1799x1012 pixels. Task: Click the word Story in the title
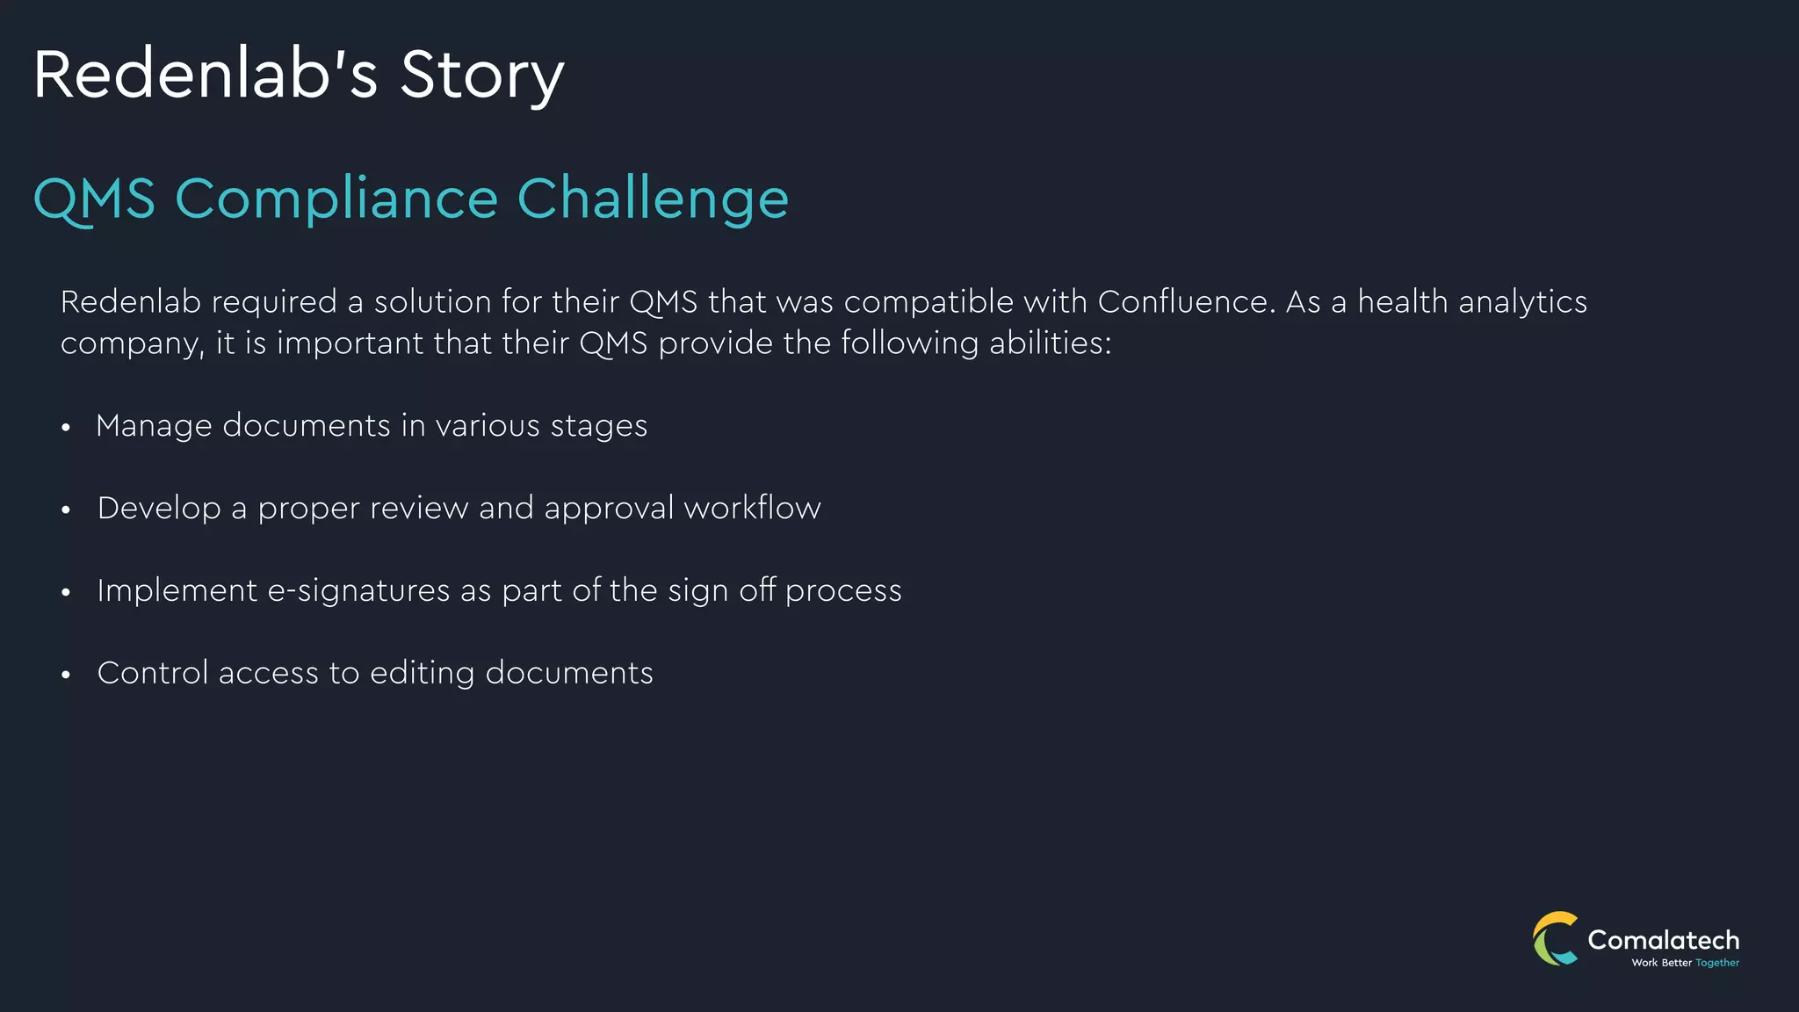click(x=481, y=76)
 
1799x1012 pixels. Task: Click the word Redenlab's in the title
click(x=206, y=76)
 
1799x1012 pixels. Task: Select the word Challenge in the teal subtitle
click(x=653, y=199)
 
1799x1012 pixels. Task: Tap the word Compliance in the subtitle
click(x=336, y=199)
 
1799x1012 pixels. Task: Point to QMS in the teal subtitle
click(x=94, y=199)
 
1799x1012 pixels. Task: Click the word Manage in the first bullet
click(x=154, y=426)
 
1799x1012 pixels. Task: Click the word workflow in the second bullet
click(x=752, y=509)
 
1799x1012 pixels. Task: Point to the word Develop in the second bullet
click(x=159, y=509)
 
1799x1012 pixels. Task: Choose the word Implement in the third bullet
click(x=177, y=591)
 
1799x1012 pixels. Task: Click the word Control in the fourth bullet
click(x=152, y=674)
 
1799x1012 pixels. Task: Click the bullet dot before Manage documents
click(x=66, y=428)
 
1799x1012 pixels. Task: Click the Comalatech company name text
click(x=1663, y=940)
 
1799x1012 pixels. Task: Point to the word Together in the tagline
click(x=1717, y=963)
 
